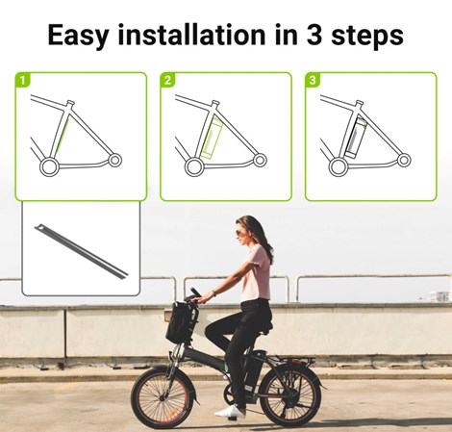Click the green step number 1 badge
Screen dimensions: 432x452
22,81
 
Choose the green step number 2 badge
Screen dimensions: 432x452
167,81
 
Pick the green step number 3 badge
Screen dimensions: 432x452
313,81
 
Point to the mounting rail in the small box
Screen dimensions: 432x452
82,251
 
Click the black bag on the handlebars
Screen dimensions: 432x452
180,323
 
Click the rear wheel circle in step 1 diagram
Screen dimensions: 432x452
45,166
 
